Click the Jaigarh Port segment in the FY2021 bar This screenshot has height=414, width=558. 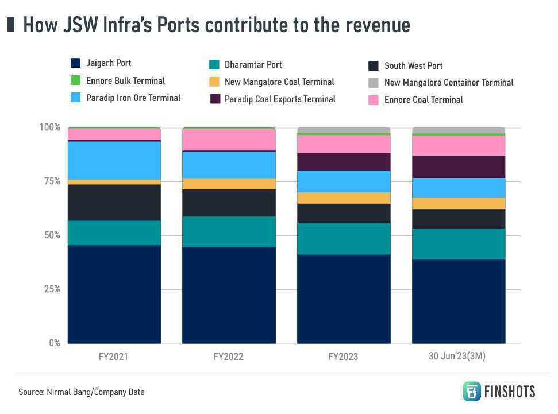(114, 294)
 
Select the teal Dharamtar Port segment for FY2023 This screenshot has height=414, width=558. (344, 238)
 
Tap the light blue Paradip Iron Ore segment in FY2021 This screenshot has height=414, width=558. (114, 160)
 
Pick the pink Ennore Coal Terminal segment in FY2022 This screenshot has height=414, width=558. (229, 140)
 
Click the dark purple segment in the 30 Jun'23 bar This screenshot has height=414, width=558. (459, 167)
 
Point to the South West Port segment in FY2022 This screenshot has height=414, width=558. (229, 203)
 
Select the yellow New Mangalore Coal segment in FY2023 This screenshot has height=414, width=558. (344, 198)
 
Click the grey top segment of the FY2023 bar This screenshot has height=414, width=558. (344, 130)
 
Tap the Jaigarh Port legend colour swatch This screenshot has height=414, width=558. (75, 63)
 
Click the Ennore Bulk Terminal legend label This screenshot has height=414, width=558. (125, 80)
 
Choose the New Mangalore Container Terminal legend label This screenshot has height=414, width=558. (449, 83)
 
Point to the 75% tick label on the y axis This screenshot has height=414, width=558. (49, 181)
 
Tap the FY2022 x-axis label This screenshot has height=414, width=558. (228, 357)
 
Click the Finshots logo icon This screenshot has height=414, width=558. (472, 391)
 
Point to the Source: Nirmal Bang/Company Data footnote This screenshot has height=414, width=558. (82, 392)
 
